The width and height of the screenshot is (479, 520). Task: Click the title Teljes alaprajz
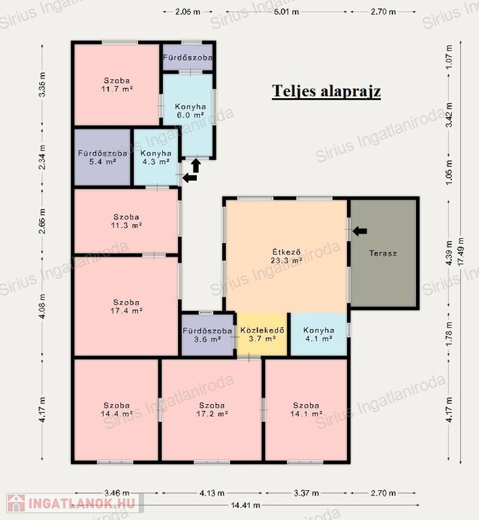tap(326, 91)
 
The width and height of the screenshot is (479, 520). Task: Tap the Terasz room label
tap(383, 253)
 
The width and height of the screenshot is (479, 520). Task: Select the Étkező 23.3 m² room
tap(286, 256)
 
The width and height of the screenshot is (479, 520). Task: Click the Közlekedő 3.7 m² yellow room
tap(262, 334)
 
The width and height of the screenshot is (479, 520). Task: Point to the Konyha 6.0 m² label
tap(190, 111)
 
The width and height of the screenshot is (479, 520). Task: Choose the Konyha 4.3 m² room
tap(156, 157)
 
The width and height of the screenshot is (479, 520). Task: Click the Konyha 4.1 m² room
tap(319, 334)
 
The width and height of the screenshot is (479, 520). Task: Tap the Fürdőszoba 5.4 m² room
tap(102, 157)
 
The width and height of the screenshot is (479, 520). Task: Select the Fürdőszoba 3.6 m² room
tap(208, 335)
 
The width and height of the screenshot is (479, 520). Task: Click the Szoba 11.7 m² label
tap(117, 85)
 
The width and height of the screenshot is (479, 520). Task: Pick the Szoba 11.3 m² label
tap(127, 221)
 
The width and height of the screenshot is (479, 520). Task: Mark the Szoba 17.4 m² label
tap(127, 307)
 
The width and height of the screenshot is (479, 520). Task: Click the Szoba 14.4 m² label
tap(116, 410)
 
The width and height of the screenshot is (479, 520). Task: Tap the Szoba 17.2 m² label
tap(212, 410)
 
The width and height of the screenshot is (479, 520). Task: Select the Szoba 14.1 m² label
tap(306, 410)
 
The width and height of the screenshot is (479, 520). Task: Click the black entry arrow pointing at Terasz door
tap(360, 231)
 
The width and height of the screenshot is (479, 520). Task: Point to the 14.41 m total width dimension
tap(246, 505)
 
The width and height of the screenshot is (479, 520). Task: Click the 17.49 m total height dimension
tap(461, 252)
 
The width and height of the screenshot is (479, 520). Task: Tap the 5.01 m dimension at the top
tap(286, 12)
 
